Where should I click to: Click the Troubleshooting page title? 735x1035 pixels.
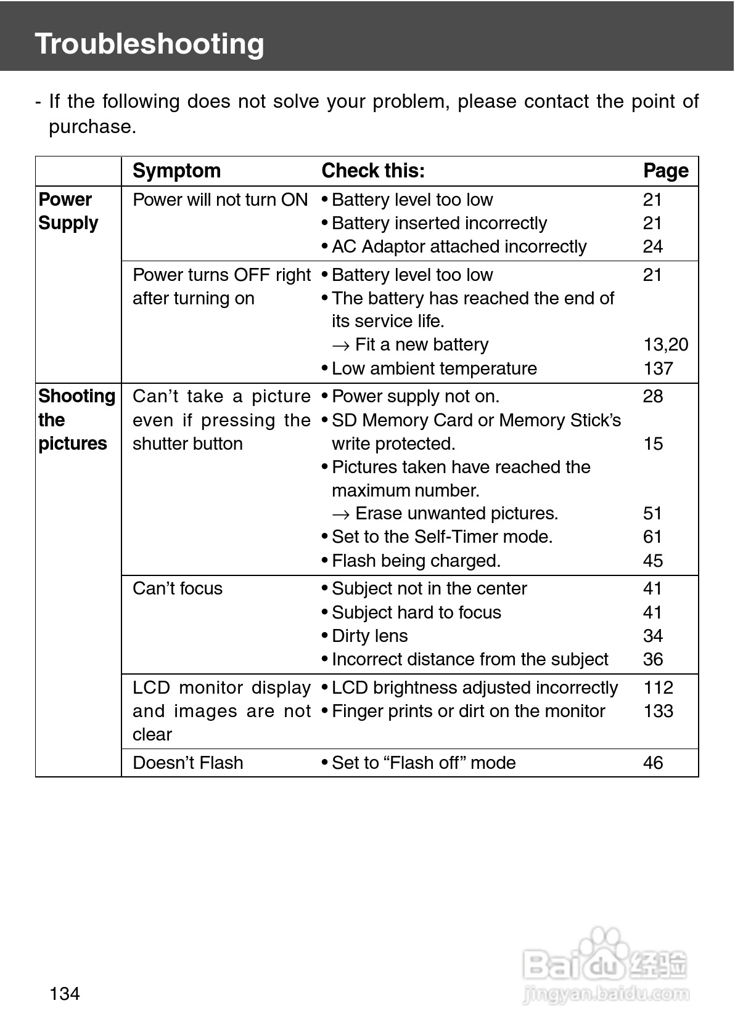(149, 44)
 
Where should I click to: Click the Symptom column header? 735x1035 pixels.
(176, 171)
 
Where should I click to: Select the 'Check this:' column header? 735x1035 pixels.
(373, 171)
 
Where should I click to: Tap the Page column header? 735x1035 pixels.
(665, 171)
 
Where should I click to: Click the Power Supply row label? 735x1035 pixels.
(68, 211)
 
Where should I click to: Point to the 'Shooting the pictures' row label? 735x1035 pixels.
(76, 420)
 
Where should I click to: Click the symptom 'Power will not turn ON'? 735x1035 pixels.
(220, 200)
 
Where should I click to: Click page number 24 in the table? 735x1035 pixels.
(652, 246)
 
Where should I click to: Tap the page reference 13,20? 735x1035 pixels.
(665, 344)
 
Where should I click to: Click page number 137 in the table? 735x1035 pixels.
(658, 368)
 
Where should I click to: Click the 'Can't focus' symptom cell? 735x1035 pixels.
(178, 588)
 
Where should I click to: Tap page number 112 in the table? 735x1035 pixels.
(658, 688)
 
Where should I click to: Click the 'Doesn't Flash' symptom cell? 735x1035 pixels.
(188, 763)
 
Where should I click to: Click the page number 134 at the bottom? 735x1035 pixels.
(65, 994)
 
